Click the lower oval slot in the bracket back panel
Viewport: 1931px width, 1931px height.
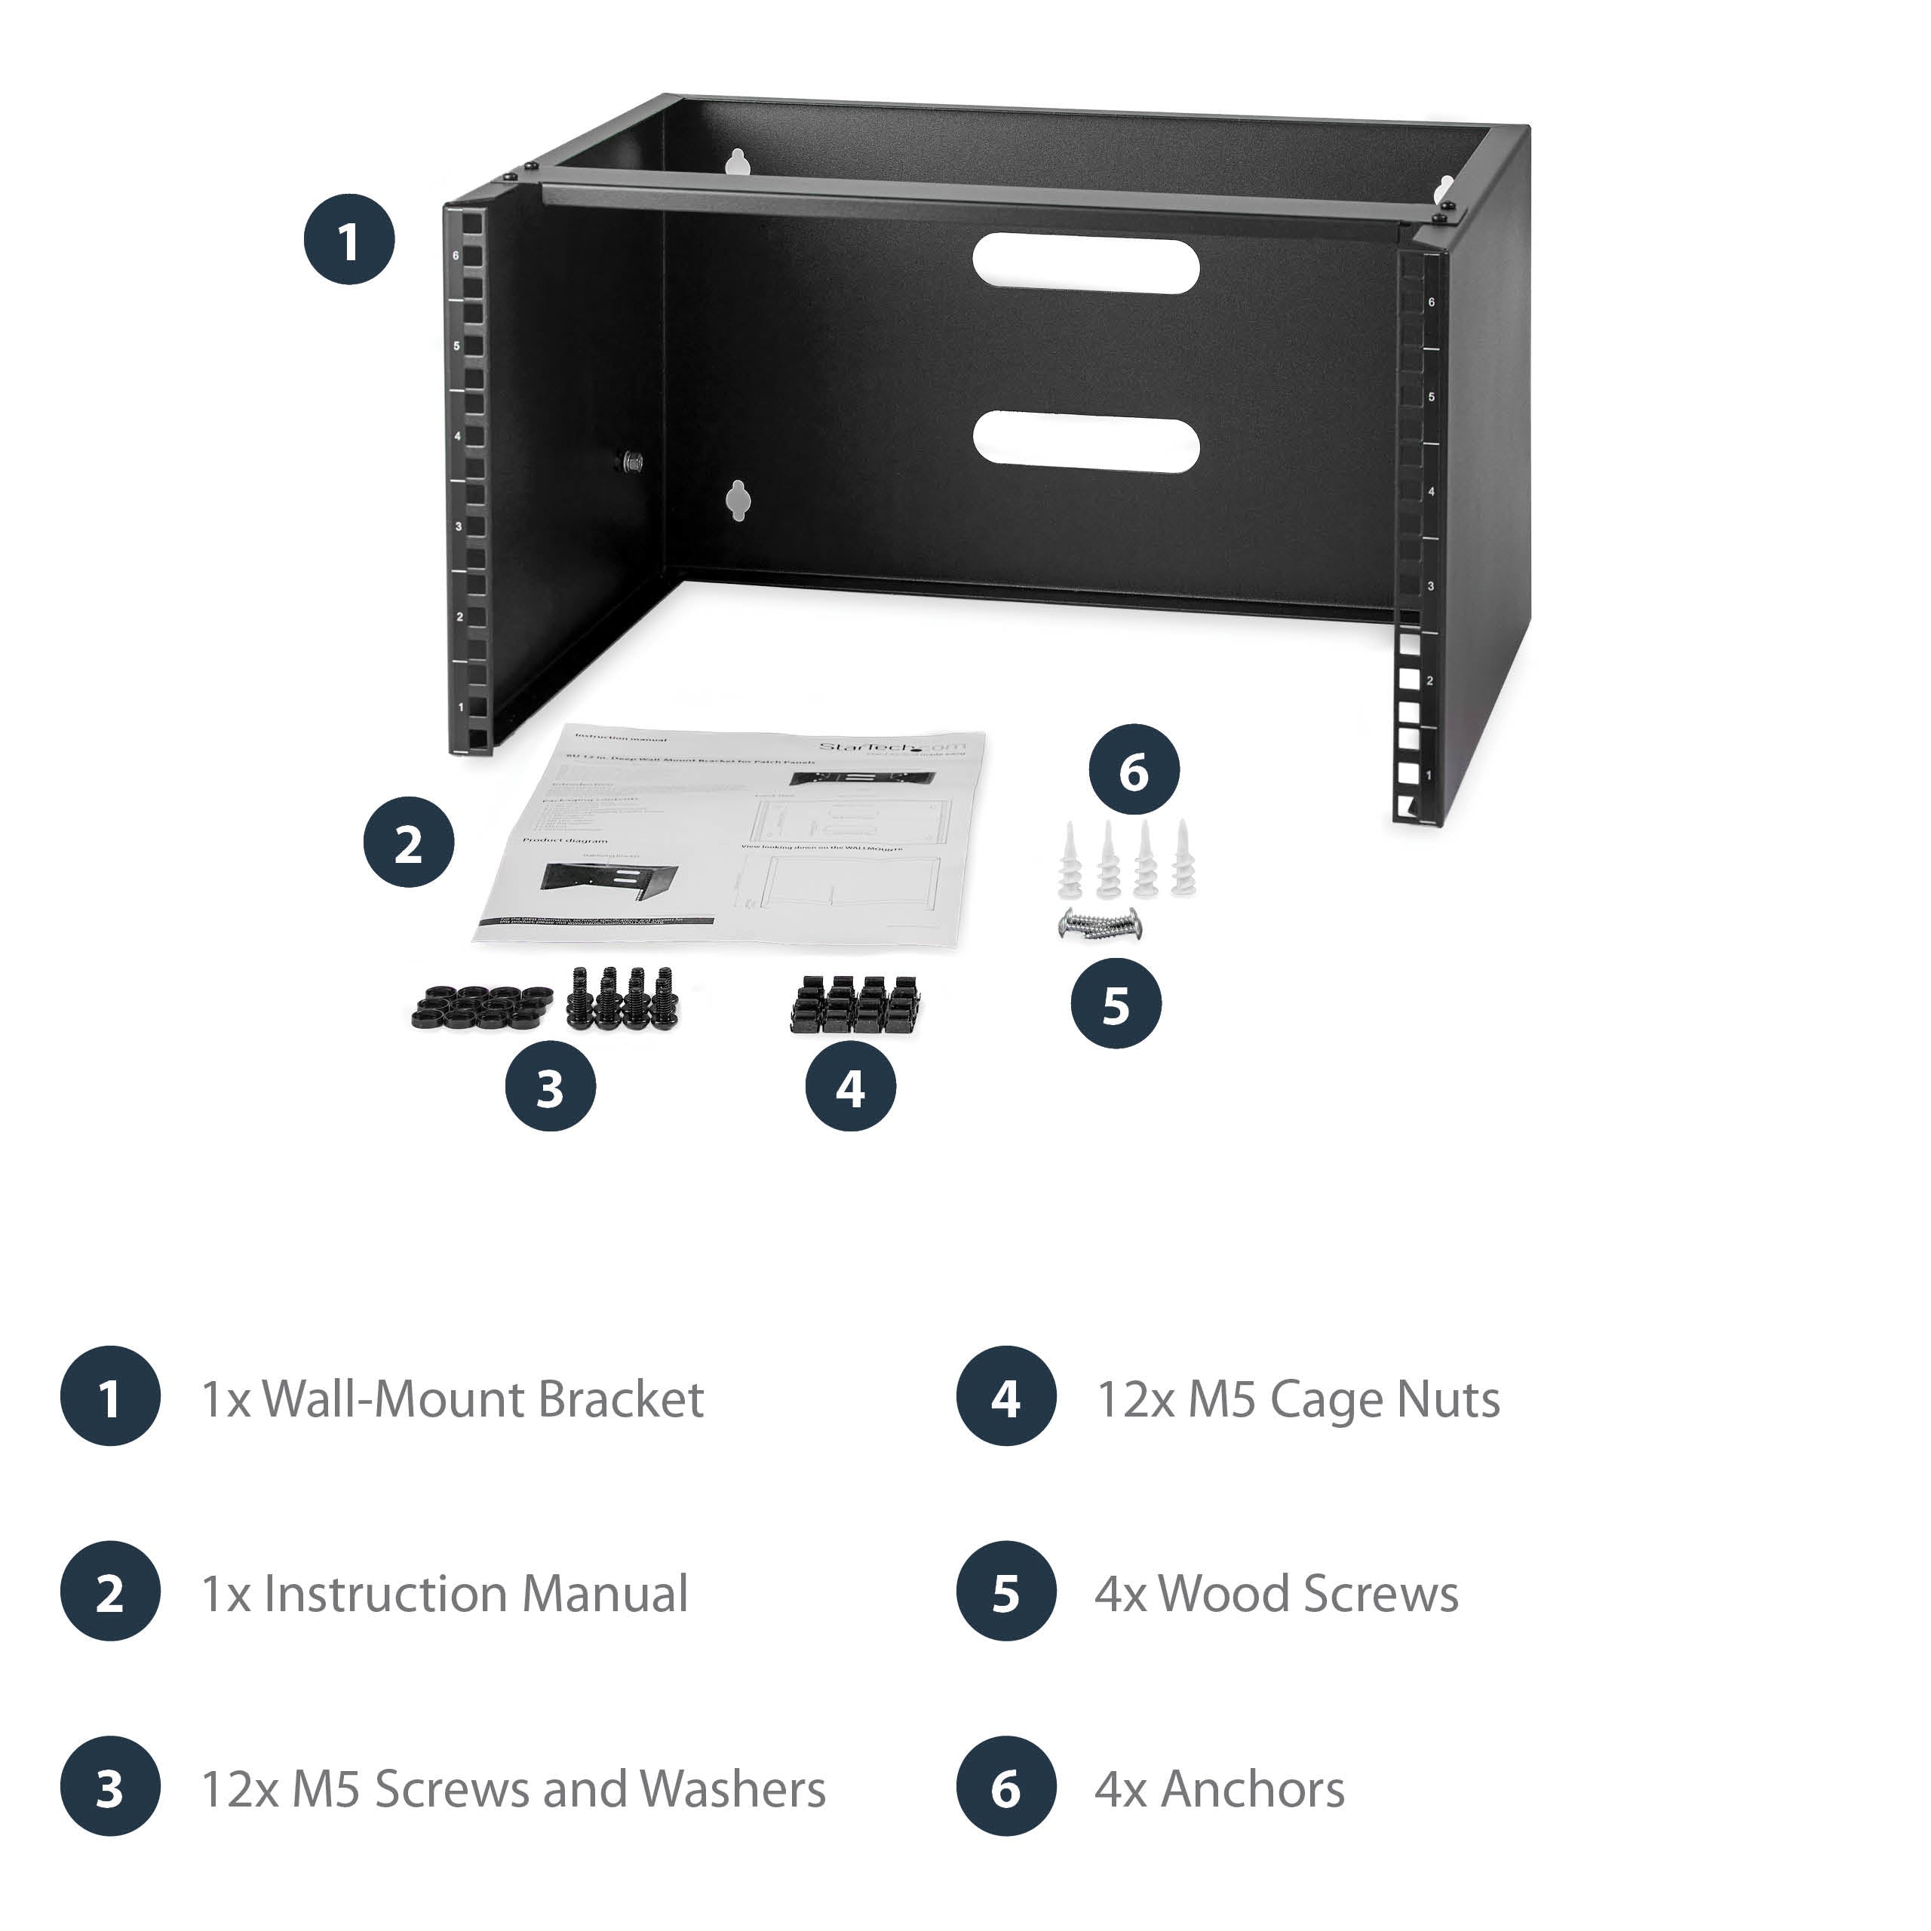1085,440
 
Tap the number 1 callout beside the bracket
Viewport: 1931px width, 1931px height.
348,240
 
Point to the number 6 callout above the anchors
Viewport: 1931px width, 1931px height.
1134,771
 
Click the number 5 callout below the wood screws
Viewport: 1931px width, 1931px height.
1116,1005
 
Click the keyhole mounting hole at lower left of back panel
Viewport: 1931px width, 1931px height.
738,500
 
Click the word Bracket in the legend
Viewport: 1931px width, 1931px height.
620,1399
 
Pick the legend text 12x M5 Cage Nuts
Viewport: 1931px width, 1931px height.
1297,1399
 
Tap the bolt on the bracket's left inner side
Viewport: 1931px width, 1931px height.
631,461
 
